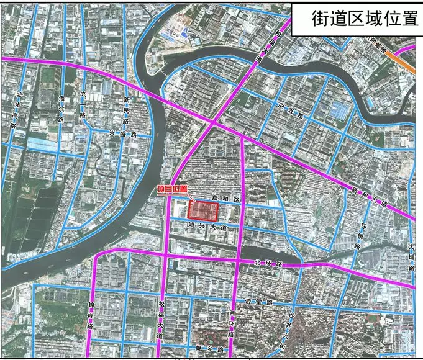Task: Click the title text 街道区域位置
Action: pos(356,19)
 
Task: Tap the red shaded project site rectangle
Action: pos(204,210)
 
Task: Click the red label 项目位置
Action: pos(171,191)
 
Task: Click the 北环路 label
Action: pos(268,263)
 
